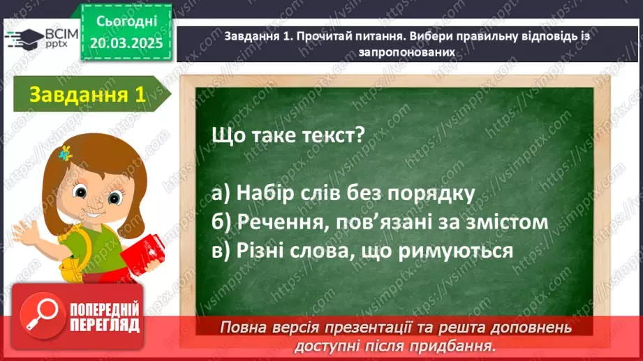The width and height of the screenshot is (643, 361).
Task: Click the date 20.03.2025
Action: (126, 43)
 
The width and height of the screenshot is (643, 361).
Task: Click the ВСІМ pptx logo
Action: (42, 39)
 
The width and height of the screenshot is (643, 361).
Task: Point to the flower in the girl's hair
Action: (66, 153)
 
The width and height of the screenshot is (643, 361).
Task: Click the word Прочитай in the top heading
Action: (322, 36)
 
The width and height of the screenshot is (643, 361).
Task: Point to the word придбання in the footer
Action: (462, 345)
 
